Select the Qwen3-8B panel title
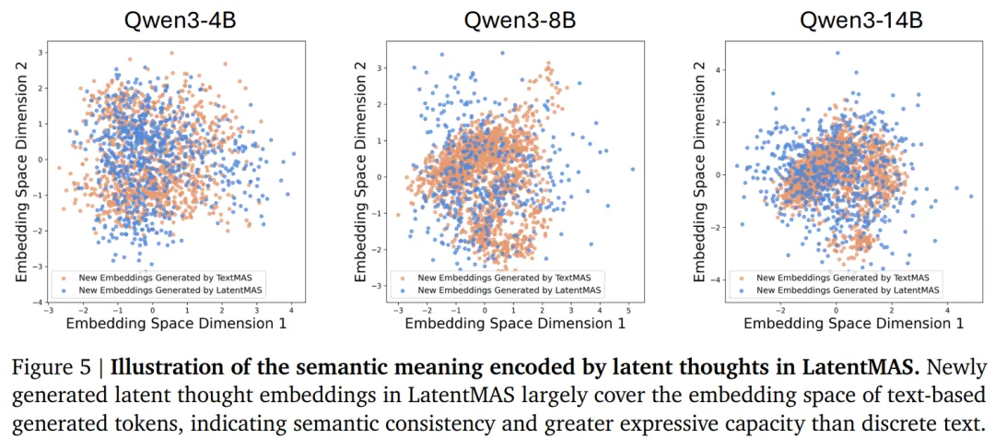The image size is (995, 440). tap(520, 21)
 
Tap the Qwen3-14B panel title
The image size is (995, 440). tap(860, 21)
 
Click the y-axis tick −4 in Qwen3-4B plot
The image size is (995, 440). tap(38, 303)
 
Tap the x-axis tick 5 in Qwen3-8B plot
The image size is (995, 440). tap(628, 312)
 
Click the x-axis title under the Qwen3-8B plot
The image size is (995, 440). tap(515, 324)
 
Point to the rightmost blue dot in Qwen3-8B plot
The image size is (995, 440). tap(633, 169)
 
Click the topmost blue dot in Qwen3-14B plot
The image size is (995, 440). tap(837, 54)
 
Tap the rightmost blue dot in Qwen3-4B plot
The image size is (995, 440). tap(294, 154)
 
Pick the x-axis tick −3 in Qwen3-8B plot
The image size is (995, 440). tap(397, 312)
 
